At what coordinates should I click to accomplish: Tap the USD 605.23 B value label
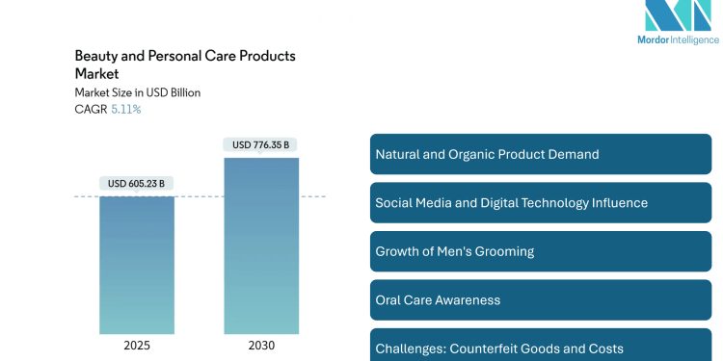pos(136,183)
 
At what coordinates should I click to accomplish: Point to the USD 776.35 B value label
pos(260,145)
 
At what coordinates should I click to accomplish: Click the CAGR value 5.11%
pos(125,109)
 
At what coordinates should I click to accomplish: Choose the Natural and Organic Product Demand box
pos(540,154)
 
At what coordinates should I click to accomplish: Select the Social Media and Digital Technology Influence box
pos(540,203)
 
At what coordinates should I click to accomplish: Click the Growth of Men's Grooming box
pos(540,251)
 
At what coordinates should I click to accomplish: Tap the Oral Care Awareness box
pos(540,299)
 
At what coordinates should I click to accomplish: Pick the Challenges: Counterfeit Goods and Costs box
pos(540,348)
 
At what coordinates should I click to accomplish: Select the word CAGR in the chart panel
pos(91,109)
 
